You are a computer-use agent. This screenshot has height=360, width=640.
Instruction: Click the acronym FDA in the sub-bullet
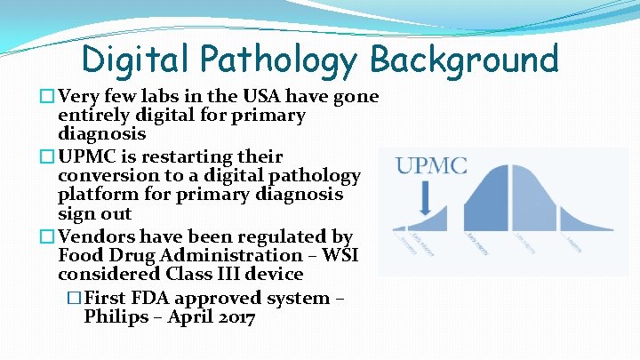155,298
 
